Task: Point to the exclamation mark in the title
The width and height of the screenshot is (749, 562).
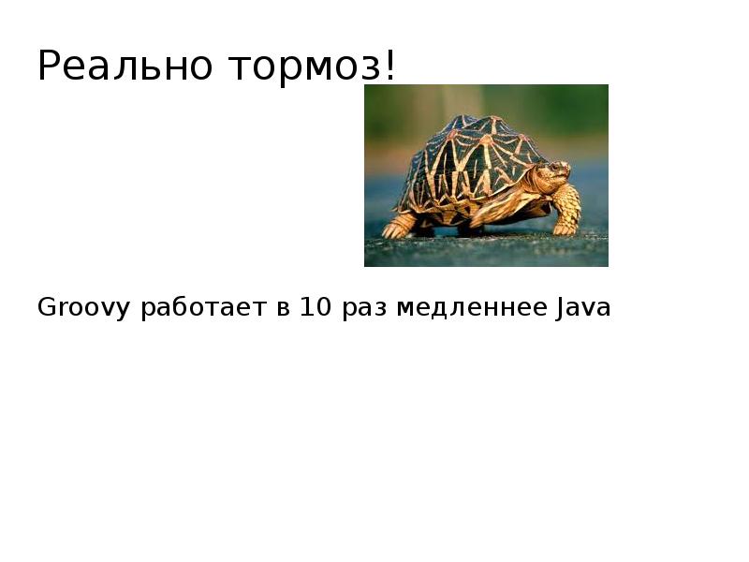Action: tap(390, 66)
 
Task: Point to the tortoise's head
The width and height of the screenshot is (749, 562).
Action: tap(554, 173)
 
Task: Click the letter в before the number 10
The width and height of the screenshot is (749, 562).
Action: tap(282, 309)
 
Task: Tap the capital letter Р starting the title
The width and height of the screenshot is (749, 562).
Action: tap(49, 67)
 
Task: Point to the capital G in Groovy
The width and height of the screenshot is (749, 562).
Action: tap(46, 307)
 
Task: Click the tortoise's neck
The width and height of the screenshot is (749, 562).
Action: tap(537, 180)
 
